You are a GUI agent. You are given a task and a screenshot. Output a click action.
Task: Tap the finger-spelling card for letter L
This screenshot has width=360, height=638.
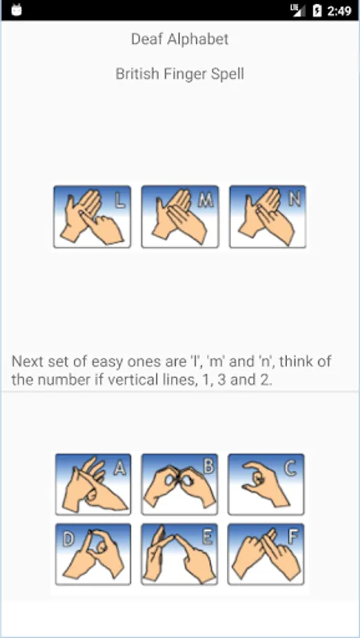coord(92,216)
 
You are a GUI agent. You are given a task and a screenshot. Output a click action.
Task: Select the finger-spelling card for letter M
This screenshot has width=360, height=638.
coord(180,216)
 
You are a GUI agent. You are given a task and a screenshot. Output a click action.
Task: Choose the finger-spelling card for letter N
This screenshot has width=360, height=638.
coord(268,216)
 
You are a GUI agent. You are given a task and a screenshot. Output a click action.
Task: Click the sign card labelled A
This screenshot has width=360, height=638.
coord(93,484)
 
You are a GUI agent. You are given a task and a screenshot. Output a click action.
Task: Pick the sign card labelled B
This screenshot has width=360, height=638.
coord(179,484)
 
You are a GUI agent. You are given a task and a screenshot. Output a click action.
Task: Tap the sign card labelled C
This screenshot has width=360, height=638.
coord(266,484)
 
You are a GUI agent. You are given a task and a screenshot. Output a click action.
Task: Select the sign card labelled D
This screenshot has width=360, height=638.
coord(93,554)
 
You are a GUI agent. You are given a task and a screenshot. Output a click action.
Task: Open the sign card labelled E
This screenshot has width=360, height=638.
coord(179,554)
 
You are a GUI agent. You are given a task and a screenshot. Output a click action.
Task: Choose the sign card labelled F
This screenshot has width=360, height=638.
coord(266,554)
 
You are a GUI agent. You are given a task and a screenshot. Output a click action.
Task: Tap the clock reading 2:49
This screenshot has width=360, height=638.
coord(339,11)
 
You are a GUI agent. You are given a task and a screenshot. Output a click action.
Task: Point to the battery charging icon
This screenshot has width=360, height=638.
coord(317,11)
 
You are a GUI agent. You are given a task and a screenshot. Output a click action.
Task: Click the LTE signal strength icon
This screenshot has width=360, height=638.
coord(298,10)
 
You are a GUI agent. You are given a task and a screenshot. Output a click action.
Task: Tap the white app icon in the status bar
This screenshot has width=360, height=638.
coord(16,10)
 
